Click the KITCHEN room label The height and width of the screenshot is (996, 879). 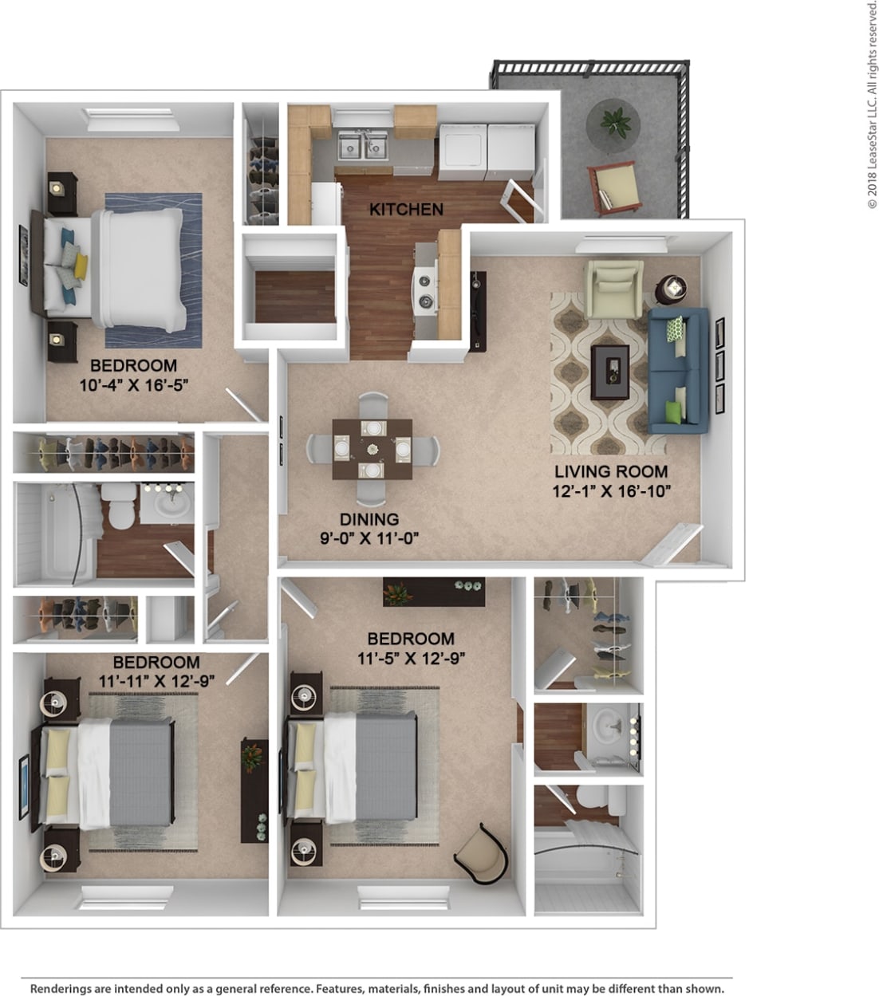tap(406, 210)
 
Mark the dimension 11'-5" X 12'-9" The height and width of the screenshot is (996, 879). tap(411, 658)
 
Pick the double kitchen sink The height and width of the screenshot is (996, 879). tap(362, 147)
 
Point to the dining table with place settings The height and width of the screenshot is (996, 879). tap(372, 448)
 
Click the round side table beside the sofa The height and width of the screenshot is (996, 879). tap(674, 288)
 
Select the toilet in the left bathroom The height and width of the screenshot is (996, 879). tap(122, 510)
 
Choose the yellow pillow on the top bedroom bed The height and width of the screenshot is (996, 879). tap(80, 263)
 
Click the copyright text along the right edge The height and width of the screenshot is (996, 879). tap(871, 104)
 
